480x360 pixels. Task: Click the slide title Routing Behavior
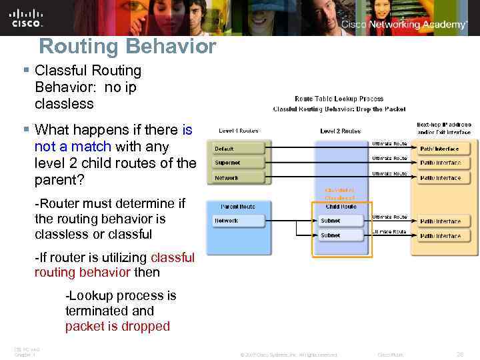[x=127, y=47]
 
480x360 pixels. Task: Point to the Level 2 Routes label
[x=340, y=131]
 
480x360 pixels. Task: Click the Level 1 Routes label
[x=238, y=131]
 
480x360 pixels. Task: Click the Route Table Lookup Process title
[x=339, y=99]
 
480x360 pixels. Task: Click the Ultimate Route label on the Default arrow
[x=389, y=143]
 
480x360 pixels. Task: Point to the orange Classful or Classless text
[x=340, y=194]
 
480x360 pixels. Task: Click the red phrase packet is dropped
[x=117, y=326]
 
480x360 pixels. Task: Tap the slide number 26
[x=459, y=354]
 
